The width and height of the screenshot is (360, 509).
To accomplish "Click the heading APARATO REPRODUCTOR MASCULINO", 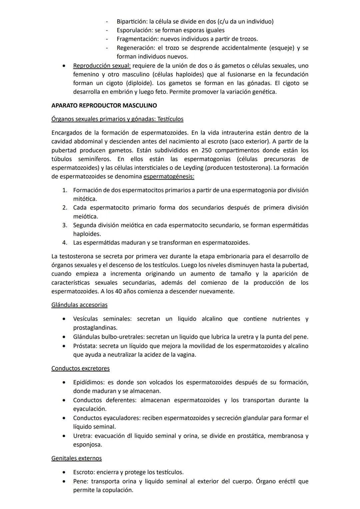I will (104, 106).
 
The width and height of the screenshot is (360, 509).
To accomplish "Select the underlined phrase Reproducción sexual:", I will (102, 66).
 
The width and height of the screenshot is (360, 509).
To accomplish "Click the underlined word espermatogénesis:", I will (169, 176).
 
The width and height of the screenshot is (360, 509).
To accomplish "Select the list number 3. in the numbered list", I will (65, 225).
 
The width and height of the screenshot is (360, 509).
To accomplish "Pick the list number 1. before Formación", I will (65, 190).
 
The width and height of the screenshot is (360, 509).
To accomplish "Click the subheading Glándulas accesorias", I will (79, 305).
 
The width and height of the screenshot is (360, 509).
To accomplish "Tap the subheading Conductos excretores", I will (80, 369).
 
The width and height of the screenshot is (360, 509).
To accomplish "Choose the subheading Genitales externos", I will (76, 458).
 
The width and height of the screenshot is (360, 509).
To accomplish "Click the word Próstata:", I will (85, 346).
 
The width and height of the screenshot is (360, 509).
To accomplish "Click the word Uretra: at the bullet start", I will (83, 436).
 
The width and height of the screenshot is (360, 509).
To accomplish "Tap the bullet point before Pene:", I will (64, 482).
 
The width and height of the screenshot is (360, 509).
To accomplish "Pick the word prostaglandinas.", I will (95, 328).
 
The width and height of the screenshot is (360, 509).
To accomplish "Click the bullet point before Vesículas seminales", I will (64, 319).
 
